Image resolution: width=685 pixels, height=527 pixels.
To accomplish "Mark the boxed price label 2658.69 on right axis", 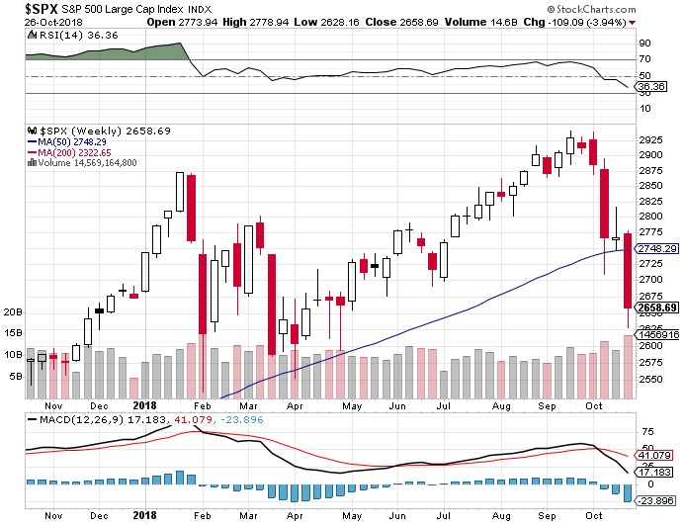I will pyautogui.click(x=657, y=308).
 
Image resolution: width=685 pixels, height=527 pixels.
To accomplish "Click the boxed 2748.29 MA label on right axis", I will pyautogui.click(x=657, y=249).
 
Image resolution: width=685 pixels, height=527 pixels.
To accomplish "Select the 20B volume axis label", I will pyautogui.click(x=13, y=311).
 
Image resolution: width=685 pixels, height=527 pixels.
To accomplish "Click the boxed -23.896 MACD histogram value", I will pyautogui.click(x=656, y=500).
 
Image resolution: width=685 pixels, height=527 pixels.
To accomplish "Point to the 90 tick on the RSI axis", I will pyautogui.click(x=642, y=44).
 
